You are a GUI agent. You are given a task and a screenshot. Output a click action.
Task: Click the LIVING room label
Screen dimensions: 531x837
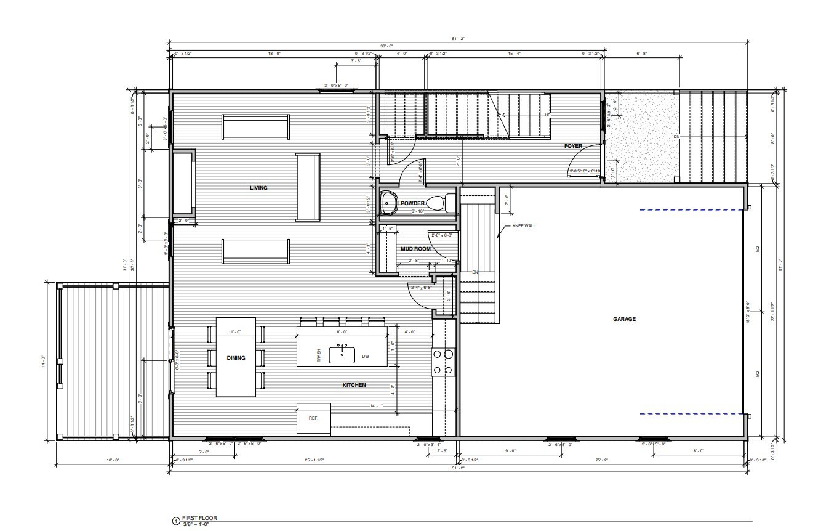tap(258, 188)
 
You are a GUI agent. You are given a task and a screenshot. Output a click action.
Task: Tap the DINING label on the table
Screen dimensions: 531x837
tap(236, 358)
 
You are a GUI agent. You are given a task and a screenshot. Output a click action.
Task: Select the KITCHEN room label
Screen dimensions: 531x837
tap(354, 385)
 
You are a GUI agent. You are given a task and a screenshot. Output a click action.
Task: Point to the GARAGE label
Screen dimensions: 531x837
tap(624, 319)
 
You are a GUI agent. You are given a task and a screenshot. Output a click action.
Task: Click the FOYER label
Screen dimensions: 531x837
tap(574, 147)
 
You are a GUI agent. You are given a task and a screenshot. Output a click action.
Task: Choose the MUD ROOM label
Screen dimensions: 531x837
tap(415, 249)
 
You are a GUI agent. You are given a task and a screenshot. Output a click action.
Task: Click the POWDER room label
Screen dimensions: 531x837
tap(412, 203)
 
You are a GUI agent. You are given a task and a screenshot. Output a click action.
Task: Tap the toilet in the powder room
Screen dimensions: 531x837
tap(438, 203)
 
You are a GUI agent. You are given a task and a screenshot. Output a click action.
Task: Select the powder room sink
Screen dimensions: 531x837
tap(388, 202)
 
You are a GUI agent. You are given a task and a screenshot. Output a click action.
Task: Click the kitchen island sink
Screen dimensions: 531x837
tap(342, 354)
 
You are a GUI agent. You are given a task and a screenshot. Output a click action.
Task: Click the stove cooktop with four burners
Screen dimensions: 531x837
tap(443, 362)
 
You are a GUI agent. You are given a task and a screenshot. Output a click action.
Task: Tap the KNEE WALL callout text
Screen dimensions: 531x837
tap(524, 226)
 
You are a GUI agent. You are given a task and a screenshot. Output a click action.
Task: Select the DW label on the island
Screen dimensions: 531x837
tap(365, 357)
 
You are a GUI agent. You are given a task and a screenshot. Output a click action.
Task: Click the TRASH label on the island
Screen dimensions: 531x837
tap(319, 355)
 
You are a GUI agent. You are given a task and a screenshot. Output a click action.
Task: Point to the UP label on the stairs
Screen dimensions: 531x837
tap(547, 115)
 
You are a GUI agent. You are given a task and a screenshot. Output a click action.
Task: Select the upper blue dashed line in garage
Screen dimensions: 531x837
tap(689, 211)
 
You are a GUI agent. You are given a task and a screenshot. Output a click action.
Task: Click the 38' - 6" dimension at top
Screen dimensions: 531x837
tap(386, 47)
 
